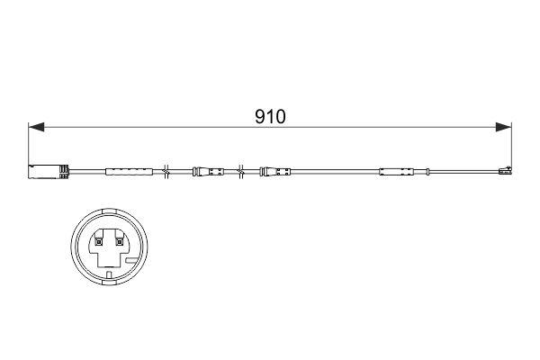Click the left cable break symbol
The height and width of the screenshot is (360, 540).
pyautogui.click(x=166, y=170)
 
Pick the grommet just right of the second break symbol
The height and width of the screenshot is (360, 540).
pyautogui.click(x=275, y=170)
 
